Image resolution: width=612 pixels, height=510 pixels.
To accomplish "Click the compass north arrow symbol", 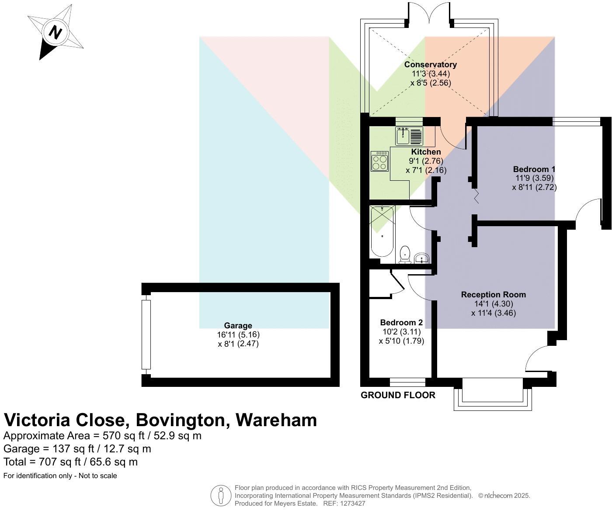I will [55, 32].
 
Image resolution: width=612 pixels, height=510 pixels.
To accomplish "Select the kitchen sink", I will [409, 136].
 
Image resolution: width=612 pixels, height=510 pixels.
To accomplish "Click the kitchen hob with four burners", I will [379, 161].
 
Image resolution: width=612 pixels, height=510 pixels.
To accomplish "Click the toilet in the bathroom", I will [405, 255].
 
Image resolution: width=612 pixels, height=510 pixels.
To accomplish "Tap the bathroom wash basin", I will [422, 258].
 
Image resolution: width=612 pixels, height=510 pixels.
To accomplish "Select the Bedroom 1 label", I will [534, 169].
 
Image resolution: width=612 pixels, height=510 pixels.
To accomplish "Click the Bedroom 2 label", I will [401, 323].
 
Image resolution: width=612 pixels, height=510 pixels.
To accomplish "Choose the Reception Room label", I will [493, 295].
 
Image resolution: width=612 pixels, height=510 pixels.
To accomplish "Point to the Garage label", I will [238, 325].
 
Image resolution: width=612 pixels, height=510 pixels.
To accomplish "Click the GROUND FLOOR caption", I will [398, 395].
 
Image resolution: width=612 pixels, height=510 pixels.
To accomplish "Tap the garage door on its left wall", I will [146, 334].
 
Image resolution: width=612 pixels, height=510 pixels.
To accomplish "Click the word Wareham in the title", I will [276, 420].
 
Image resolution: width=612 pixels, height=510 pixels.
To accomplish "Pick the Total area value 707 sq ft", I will [70, 462].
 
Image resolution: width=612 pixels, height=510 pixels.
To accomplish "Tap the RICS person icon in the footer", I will [221, 496].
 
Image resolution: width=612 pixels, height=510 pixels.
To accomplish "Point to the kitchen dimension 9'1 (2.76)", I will [420, 161].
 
